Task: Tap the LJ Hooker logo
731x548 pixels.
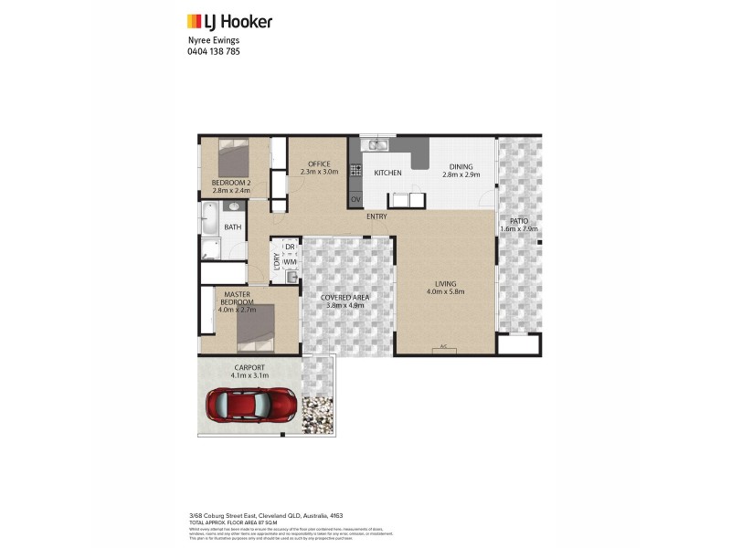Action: click(229, 22)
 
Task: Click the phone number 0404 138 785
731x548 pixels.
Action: click(213, 52)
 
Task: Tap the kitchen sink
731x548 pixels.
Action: click(375, 146)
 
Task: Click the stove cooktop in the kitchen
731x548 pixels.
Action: click(355, 171)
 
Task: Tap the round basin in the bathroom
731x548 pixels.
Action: click(233, 208)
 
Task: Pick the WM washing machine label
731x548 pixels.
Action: click(290, 262)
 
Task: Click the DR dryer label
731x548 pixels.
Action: click(290, 247)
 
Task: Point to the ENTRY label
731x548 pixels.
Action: click(376, 216)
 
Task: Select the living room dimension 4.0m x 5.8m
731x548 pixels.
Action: click(446, 292)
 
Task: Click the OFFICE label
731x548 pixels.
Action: click(318, 163)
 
